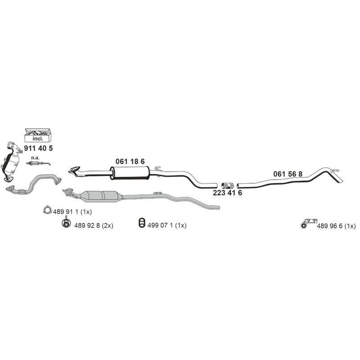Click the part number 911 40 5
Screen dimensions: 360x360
(x=38, y=148)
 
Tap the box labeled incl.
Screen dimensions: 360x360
(x=38, y=135)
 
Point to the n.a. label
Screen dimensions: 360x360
(x=36, y=158)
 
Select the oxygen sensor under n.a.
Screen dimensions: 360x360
(x=38, y=163)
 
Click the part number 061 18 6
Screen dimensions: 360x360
(x=130, y=162)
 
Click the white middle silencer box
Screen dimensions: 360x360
(x=130, y=173)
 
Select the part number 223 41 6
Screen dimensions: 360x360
(x=227, y=193)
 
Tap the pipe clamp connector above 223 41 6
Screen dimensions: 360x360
(x=228, y=185)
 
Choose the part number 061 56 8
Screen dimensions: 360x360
(x=288, y=174)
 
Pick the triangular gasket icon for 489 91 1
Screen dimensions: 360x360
(x=47, y=210)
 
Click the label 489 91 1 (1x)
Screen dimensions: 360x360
(x=72, y=211)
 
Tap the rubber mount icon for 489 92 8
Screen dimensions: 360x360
(x=66, y=222)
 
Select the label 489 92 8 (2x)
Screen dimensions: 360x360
(x=94, y=225)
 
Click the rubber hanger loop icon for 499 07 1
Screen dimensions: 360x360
(x=142, y=223)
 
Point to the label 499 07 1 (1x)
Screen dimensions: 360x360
(x=167, y=225)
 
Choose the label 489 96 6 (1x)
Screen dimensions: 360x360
(x=336, y=226)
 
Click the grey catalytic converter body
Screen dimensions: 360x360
(x=100, y=196)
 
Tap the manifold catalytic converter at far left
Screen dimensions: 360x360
(x=11, y=162)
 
